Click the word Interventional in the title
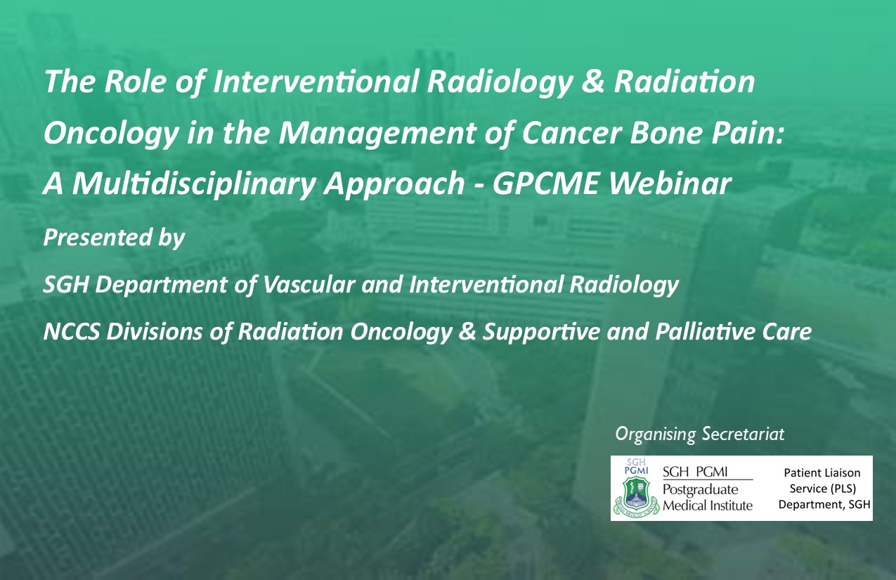coord(316,82)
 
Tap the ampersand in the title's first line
coord(592,82)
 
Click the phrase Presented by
coord(114,238)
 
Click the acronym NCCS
coord(71,332)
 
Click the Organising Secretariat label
coord(700,434)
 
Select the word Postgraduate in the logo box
coord(701,490)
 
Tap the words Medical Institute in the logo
coord(708,505)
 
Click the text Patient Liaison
coord(822,472)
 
